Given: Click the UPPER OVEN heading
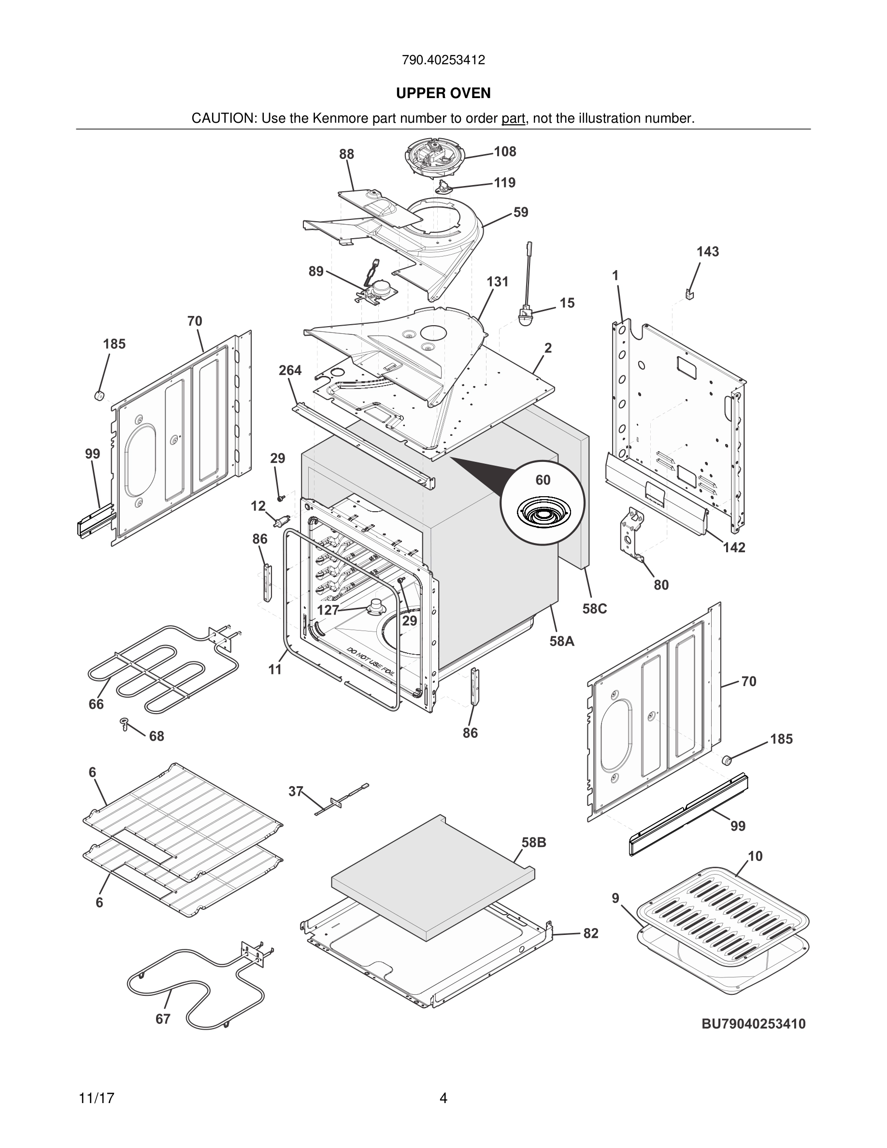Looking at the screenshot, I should [443, 93].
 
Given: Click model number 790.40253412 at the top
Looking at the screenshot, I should [443, 60].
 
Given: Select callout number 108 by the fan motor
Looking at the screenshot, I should [505, 152].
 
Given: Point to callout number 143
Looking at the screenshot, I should [708, 252].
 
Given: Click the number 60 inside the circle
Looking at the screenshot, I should [543, 480].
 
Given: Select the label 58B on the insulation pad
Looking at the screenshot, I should [534, 843].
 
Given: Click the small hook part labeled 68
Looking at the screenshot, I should [125, 723].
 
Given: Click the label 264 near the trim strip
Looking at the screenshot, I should [290, 371].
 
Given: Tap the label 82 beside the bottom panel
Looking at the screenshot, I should [591, 933].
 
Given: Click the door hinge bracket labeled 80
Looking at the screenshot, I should [633, 533].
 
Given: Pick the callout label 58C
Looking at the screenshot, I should [594, 609].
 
